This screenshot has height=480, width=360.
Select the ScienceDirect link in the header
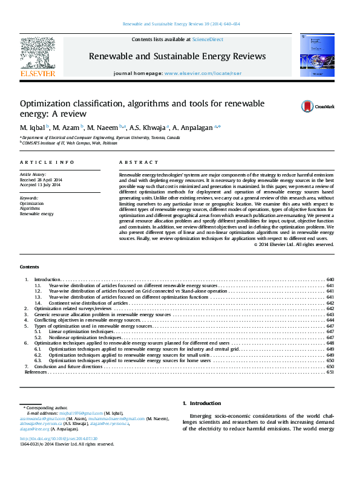208,39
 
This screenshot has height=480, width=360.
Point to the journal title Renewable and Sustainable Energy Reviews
177,56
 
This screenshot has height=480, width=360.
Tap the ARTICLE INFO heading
47,163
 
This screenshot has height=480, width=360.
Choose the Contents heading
29,267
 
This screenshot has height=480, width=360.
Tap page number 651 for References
330,372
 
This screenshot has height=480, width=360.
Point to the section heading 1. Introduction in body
201,403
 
